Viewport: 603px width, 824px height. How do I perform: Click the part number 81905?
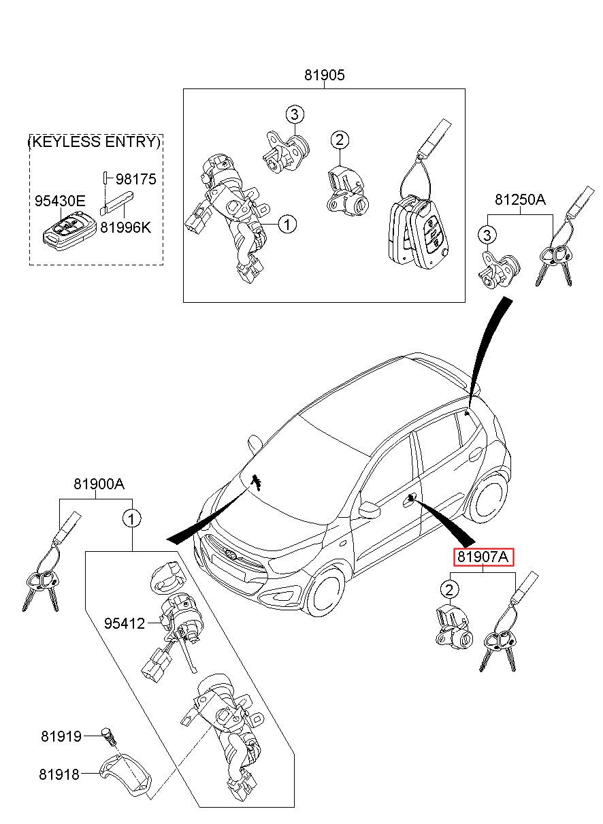coord(324,76)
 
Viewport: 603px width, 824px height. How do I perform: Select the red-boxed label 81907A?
coord(483,557)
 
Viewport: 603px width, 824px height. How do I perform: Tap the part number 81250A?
coord(520,200)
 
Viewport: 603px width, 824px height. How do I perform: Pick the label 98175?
coord(136,179)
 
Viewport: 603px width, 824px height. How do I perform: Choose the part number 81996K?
coord(126,227)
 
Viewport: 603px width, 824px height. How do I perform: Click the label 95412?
coord(125,623)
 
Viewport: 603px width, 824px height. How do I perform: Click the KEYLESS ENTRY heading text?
coord(95,142)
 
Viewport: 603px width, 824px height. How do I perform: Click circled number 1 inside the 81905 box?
coord(287,224)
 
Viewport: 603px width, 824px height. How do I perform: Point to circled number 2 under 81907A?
coord(450,589)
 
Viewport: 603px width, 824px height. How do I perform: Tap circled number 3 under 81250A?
coord(487,235)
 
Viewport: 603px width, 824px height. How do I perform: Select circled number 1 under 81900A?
coord(131,519)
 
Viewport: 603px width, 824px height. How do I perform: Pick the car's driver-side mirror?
coord(369,510)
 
